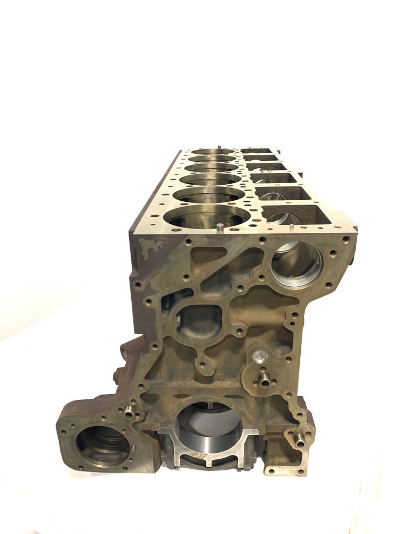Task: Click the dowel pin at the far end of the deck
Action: coord(219,145)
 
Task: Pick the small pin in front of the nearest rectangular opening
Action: coord(293,225)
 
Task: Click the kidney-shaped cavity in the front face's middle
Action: coord(201,323)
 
